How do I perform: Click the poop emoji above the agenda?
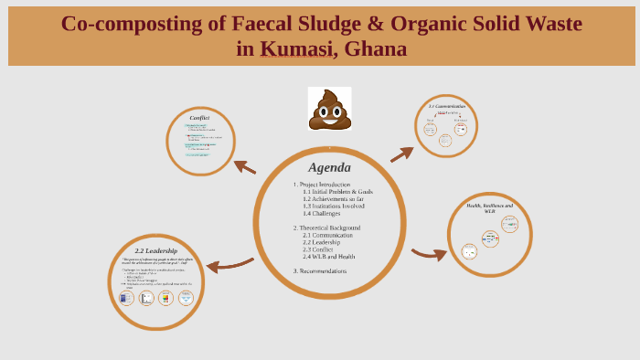tap(329, 110)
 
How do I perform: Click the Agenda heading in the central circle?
tap(329, 168)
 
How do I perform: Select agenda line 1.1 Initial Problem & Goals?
tap(337, 192)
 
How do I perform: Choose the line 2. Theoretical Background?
tap(326, 228)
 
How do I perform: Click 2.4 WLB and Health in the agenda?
tap(328, 257)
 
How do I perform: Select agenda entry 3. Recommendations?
tap(319, 271)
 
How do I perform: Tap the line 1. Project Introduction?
tap(321, 185)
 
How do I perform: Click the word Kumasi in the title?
tap(295, 48)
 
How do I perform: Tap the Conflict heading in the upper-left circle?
tap(199, 118)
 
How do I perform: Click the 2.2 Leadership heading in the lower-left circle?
tap(155, 250)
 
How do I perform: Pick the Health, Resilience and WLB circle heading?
tap(490, 208)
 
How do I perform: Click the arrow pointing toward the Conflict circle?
tap(244, 166)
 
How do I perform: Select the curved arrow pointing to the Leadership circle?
tap(229, 266)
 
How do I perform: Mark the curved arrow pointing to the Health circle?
tap(428, 254)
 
